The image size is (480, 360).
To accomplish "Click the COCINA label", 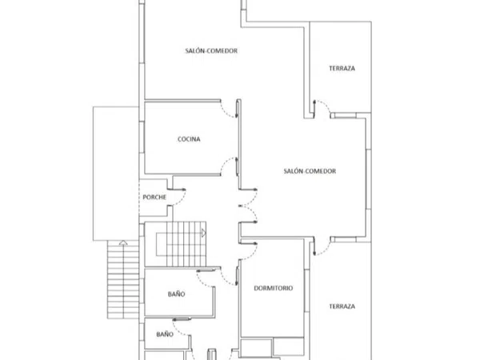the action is [x=189, y=139].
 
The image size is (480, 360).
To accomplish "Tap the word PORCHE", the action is [x=154, y=197].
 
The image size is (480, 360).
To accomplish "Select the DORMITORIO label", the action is [x=274, y=288].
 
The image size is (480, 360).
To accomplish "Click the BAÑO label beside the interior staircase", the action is [x=176, y=294].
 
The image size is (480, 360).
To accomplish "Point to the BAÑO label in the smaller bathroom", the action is [x=165, y=334].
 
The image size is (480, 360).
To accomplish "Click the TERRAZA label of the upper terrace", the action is [x=342, y=68].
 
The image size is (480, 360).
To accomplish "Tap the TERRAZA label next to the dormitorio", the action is [x=342, y=306].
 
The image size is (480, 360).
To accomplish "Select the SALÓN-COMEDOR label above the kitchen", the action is [x=211, y=51].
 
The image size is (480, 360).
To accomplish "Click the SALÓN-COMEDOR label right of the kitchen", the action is [x=310, y=171].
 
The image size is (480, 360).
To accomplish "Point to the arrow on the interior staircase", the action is [x=203, y=234].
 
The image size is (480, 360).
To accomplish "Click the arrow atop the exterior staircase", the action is [x=123, y=242].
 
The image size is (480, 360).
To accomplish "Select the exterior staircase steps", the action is [x=123, y=280].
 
